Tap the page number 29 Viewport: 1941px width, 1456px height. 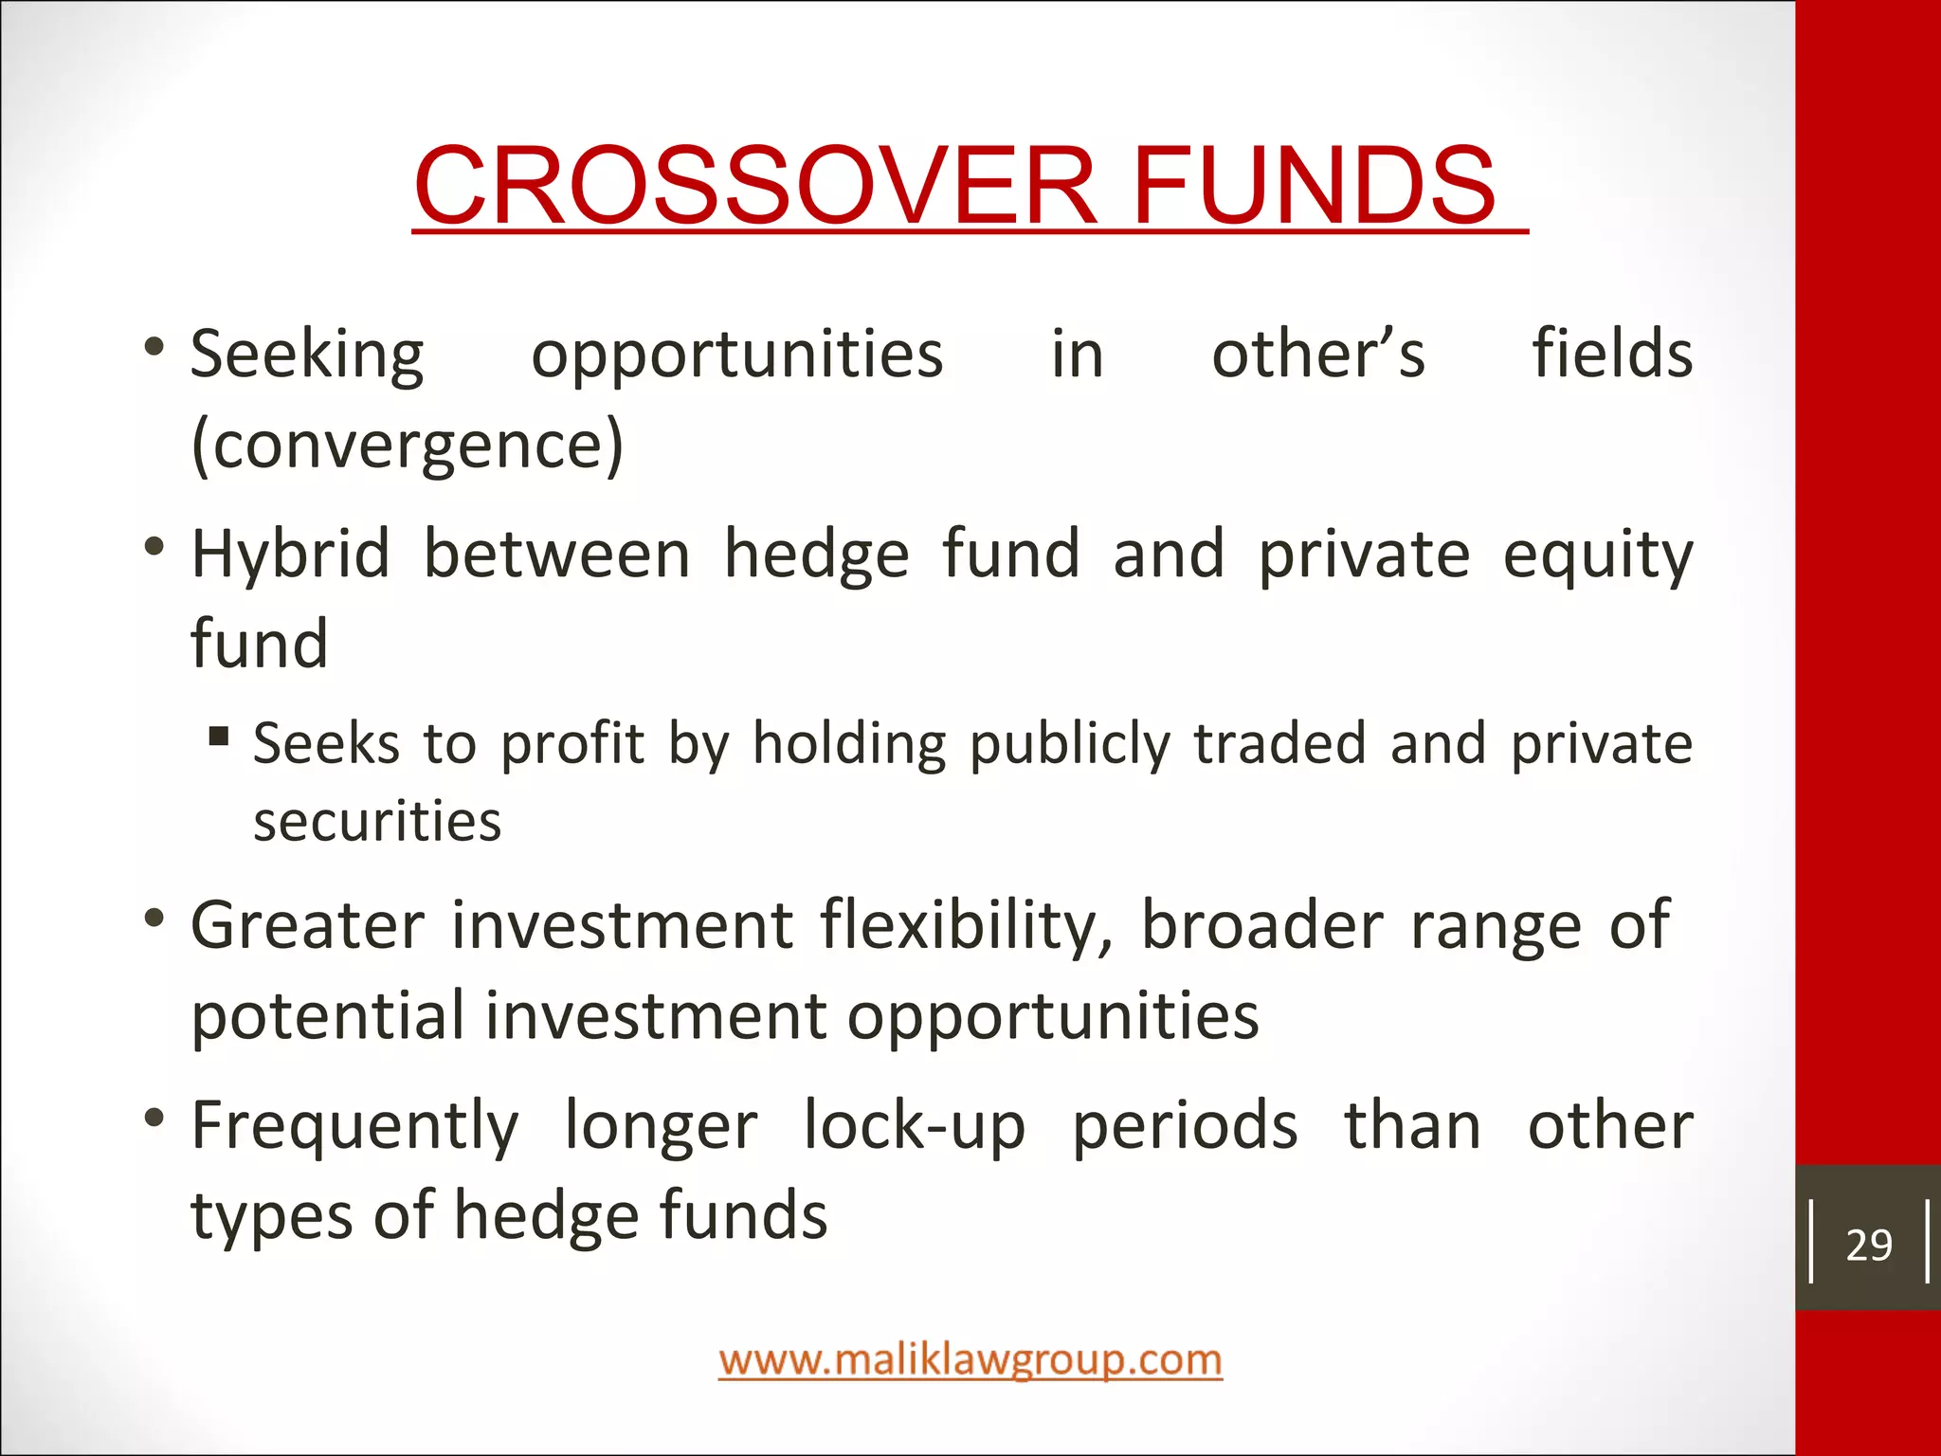tap(1868, 1246)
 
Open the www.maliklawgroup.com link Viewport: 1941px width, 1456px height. tap(970, 1360)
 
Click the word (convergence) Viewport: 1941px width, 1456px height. tap(408, 445)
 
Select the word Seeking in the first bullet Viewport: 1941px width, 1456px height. tap(307, 355)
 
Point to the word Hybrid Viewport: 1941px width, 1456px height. tap(290, 555)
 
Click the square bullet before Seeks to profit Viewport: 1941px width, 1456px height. tap(219, 736)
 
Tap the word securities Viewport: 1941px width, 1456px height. tap(377, 821)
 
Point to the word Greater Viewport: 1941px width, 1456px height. tap(307, 925)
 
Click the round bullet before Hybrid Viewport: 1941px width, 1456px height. tap(154, 547)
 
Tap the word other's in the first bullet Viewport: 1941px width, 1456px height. tap(1318, 354)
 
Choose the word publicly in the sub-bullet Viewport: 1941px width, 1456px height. tap(1070, 744)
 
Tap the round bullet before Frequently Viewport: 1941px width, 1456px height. tap(154, 1119)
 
